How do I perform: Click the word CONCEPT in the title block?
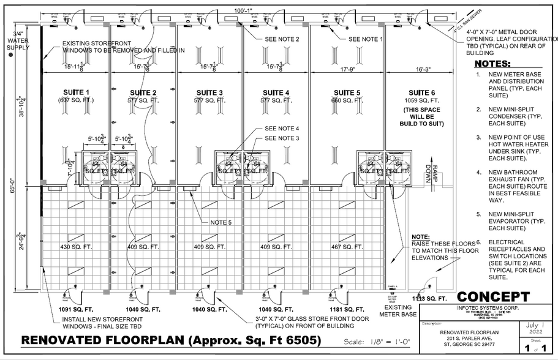click(493, 298)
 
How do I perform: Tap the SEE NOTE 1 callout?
click(366, 39)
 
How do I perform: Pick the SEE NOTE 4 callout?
click(281, 129)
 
